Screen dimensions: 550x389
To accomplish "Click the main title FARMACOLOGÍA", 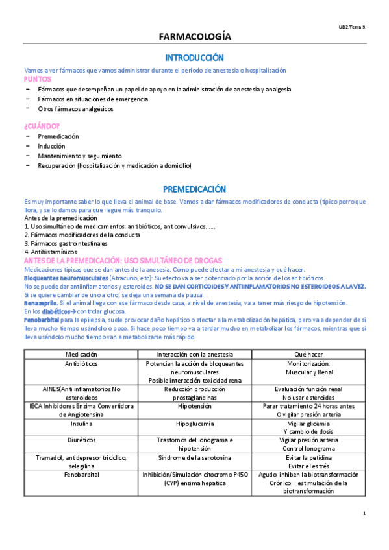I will tap(194, 38).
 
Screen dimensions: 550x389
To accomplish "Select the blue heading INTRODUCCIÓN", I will tap(194, 58).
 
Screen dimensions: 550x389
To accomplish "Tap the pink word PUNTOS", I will tap(38, 78).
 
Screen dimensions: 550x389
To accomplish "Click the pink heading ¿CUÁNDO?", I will tap(42, 125).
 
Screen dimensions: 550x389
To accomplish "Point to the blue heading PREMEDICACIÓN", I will tap(194, 189).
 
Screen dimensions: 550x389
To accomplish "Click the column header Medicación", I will tap(82, 354).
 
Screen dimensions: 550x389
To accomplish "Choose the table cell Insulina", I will tap(82, 423).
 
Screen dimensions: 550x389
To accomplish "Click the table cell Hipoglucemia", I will tap(194, 423).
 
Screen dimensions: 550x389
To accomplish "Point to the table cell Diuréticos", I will tap(82, 440).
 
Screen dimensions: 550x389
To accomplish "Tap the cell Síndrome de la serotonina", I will tap(194, 457).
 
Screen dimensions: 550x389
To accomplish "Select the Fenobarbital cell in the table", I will tap(82, 474).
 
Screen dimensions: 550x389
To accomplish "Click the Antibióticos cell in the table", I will tap(82, 364).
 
